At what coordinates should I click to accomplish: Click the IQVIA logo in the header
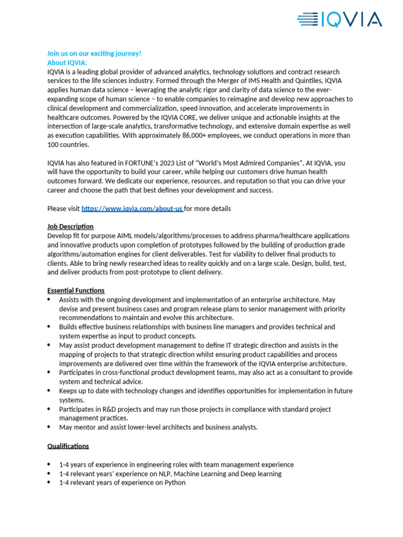tap(339, 20)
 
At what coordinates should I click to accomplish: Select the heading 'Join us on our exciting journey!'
tap(94, 53)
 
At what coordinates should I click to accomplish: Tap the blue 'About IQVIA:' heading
tap(67, 62)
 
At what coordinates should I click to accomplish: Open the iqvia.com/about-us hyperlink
tap(132, 209)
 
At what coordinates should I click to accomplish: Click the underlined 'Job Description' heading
tap(70, 227)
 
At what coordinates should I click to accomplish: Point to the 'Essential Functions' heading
tap(76, 291)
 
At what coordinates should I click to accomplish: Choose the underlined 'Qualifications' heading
tap(68, 446)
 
